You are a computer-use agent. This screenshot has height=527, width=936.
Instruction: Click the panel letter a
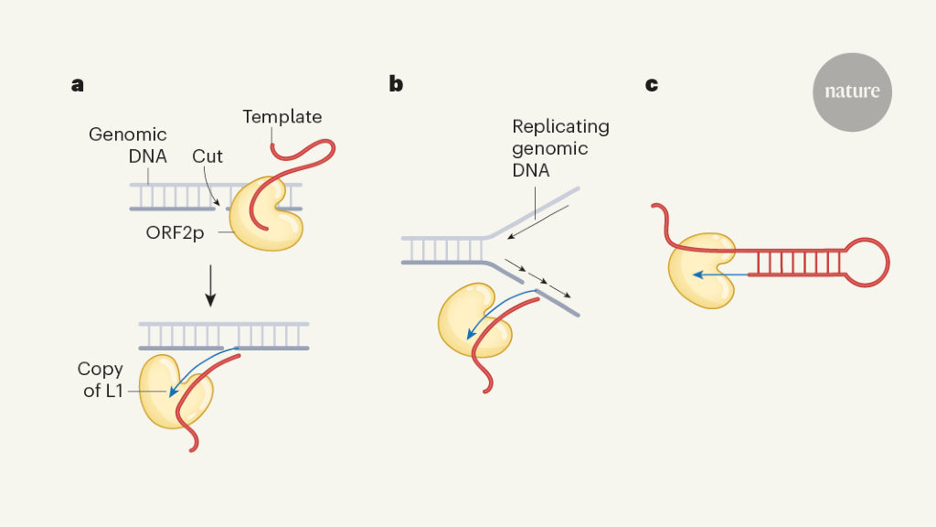78,85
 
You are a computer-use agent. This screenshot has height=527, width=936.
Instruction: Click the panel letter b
395,85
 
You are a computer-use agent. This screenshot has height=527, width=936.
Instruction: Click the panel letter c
652,85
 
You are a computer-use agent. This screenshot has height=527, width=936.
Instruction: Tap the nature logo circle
852,91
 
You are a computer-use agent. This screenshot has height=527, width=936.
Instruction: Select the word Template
282,116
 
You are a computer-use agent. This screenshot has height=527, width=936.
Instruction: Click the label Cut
207,156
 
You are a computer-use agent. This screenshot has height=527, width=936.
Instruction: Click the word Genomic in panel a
128,134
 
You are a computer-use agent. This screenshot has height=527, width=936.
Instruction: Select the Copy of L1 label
101,381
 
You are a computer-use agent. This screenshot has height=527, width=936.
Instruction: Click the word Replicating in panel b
560,126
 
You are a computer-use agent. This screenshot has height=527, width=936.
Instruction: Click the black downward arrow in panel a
211,286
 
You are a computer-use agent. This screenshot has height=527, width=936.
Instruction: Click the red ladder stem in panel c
795,263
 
